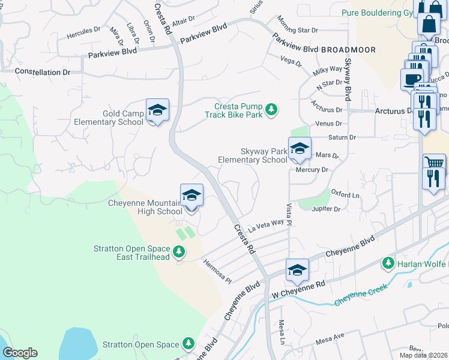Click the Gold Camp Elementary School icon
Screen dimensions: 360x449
click(157, 110)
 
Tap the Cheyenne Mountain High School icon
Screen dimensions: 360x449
click(191, 196)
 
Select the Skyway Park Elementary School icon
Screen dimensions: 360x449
click(299, 148)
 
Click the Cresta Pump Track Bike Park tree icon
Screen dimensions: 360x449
click(272, 109)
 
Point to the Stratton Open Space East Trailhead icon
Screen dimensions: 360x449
click(179, 252)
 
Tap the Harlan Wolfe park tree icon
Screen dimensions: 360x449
click(388, 263)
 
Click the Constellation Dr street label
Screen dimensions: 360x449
click(43, 72)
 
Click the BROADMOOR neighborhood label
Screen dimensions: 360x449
click(348, 50)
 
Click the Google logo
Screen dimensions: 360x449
click(20, 353)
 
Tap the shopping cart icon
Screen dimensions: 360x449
click(434, 162)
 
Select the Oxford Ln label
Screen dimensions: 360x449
click(345, 195)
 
